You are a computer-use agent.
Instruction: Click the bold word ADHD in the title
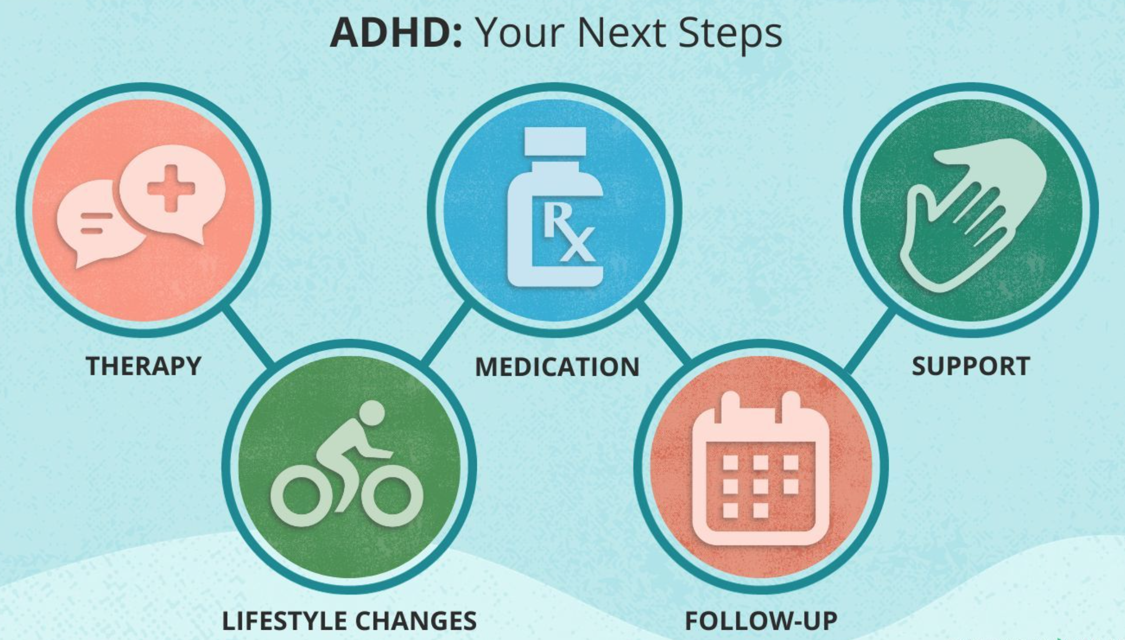click(x=396, y=32)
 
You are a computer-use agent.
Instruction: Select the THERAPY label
click(x=143, y=366)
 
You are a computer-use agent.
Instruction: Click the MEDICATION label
click(x=557, y=367)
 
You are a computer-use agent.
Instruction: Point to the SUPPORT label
click(x=971, y=366)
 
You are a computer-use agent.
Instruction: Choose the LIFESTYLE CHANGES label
click(x=349, y=620)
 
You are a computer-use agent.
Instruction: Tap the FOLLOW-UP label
click(x=761, y=620)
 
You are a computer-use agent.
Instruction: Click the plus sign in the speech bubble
click(x=171, y=188)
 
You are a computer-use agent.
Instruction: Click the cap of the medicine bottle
click(x=555, y=141)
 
